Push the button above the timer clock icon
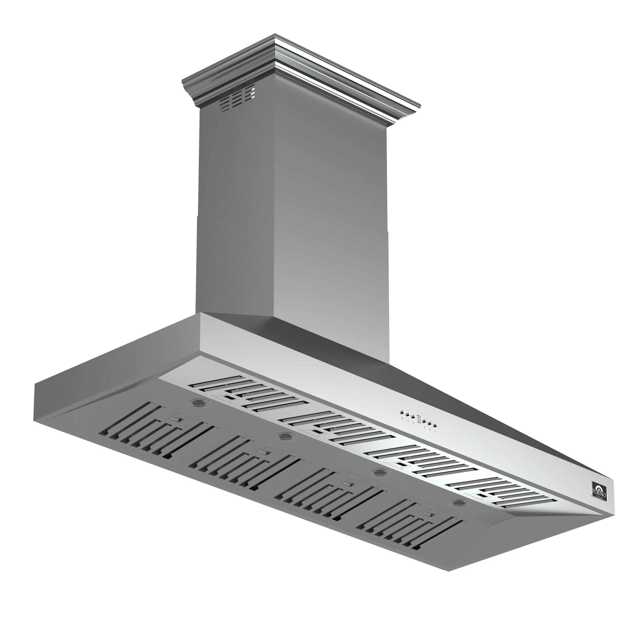click(x=403, y=413)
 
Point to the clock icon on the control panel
click(x=403, y=418)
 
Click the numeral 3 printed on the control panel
click(x=425, y=427)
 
